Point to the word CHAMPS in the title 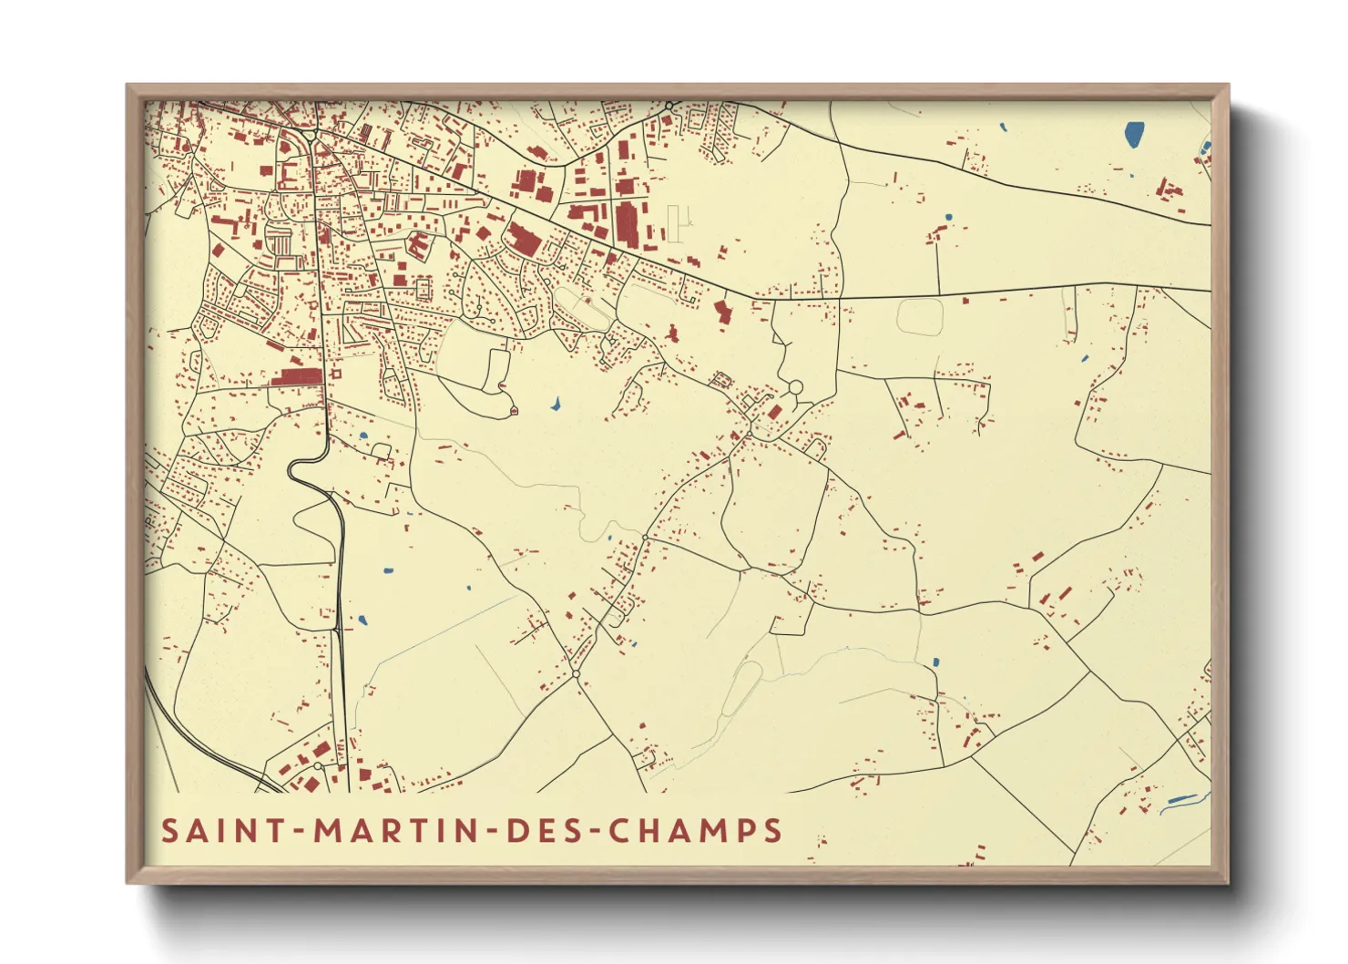(695, 831)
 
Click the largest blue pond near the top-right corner (1134, 135)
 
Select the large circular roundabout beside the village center (795, 388)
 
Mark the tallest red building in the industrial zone (626, 223)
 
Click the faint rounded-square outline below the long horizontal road (920, 316)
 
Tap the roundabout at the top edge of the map (669, 107)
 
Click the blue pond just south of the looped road (555, 403)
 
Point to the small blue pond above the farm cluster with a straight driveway (948, 217)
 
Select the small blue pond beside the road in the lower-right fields (935, 662)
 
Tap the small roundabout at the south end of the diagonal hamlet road (576, 674)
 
